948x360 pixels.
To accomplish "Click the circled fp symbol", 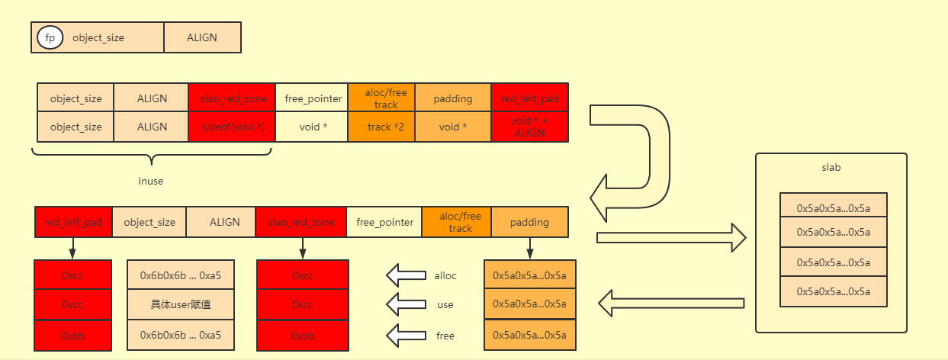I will pos(50,37).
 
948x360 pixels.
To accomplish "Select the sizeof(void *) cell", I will pos(231,127).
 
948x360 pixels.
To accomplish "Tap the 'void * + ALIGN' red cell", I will pos(529,127).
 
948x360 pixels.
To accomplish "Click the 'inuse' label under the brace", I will pos(151,182).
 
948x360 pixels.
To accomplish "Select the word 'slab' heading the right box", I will pos(831,168).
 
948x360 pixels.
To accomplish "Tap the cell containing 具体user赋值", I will pos(181,304).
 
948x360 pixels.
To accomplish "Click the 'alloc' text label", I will pos(445,275).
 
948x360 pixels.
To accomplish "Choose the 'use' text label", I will pos(445,304).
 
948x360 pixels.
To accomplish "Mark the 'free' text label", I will pos(445,336).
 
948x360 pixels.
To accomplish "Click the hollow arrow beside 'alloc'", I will pos(406,275).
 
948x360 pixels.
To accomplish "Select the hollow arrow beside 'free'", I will pos(406,335).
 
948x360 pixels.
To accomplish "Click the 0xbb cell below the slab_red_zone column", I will pos(303,336).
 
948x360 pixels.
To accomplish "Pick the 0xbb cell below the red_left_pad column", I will pos(72,336).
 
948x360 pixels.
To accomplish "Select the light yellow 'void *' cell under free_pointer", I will pos(310,127).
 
